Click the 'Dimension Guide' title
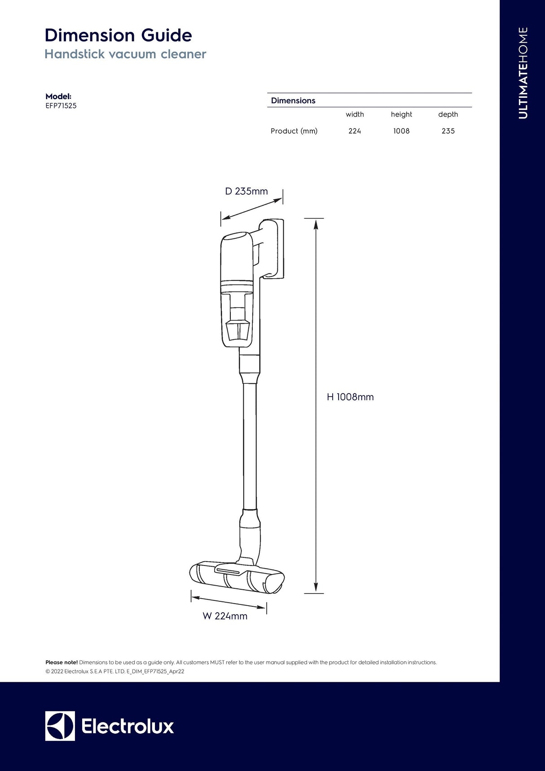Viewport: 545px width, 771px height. point(118,35)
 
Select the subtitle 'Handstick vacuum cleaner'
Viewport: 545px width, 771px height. point(125,54)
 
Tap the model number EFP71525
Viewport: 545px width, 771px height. point(61,106)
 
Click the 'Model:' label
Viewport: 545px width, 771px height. point(58,96)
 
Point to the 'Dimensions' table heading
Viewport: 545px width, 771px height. point(293,101)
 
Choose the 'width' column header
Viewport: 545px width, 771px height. point(355,114)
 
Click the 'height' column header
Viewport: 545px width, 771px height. point(401,114)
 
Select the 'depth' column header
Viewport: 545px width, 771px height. point(448,114)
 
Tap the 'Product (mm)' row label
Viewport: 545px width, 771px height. point(294,131)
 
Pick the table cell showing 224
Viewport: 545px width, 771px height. point(355,131)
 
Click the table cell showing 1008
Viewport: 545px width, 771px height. point(401,131)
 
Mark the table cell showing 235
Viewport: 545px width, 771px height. point(448,131)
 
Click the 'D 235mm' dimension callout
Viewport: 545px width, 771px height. point(246,191)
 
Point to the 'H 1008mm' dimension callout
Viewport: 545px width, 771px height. point(350,397)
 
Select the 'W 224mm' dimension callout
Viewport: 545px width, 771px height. point(225,616)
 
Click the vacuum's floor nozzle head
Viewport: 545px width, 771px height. point(237,578)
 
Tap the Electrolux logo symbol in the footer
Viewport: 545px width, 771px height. point(60,726)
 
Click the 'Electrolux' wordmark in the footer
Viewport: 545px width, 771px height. point(127,726)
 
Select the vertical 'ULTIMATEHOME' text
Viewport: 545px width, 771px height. point(523,73)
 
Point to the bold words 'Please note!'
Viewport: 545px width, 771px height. point(62,662)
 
